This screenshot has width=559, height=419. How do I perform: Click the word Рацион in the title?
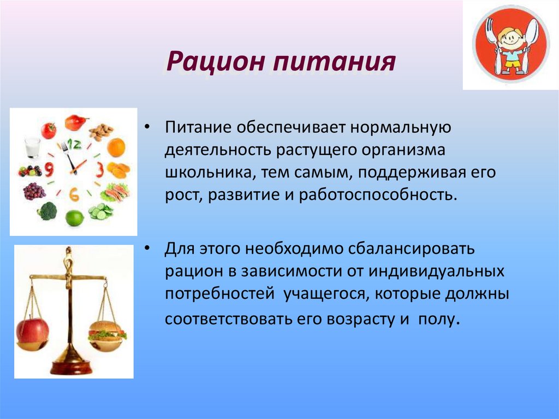point(216,61)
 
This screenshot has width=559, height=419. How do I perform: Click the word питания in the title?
point(335,61)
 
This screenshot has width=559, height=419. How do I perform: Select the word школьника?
point(210,173)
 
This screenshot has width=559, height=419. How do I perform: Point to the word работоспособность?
point(378,195)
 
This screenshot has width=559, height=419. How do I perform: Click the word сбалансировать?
point(412,249)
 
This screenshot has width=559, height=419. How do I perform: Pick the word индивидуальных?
point(436,271)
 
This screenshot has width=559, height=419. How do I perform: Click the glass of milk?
point(32,147)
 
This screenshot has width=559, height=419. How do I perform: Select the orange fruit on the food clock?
point(116,147)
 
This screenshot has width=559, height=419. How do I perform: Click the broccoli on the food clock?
point(47,211)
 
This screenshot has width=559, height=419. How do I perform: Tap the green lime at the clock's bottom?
point(74,218)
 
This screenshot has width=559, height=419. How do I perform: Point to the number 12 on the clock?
point(74,144)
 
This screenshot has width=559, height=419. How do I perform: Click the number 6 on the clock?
point(74,194)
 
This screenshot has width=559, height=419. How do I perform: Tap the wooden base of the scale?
point(70,368)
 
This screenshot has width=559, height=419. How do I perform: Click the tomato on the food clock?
point(49,130)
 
